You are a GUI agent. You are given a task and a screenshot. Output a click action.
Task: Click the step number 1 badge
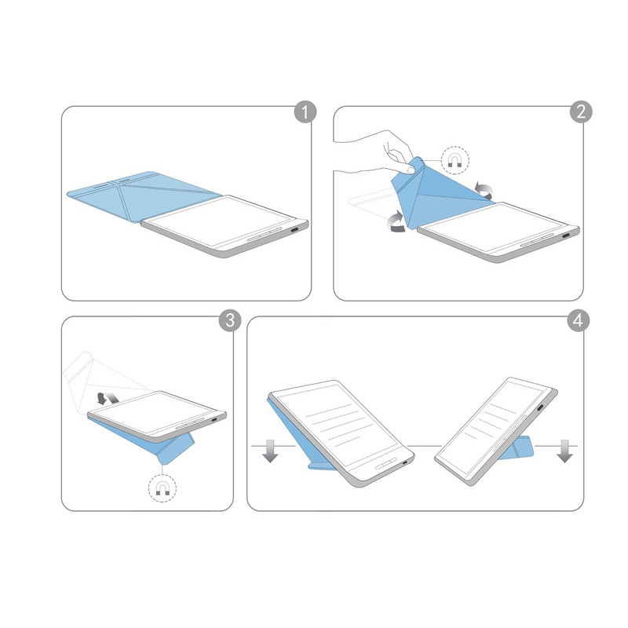click(304, 111)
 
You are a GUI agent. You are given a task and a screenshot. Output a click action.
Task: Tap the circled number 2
click(579, 111)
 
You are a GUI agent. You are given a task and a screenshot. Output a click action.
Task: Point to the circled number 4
click(579, 321)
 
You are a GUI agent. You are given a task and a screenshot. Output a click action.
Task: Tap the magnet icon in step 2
click(455, 160)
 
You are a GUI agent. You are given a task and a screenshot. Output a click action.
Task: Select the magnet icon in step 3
click(162, 489)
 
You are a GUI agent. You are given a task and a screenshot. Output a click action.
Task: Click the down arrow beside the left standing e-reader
click(269, 453)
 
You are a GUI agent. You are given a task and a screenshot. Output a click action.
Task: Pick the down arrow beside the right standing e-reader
click(564, 453)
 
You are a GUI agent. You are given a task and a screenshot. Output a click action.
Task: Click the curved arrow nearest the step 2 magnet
click(485, 188)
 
